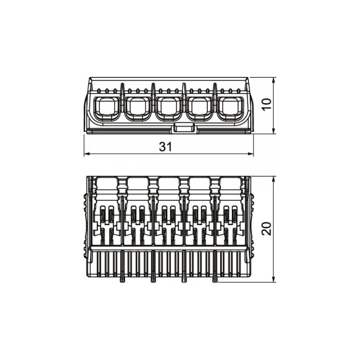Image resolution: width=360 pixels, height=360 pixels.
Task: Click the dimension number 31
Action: pyautogui.click(x=165, y=147)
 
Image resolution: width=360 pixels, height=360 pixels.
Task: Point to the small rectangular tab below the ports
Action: pyautogui.click(x=184, y=128)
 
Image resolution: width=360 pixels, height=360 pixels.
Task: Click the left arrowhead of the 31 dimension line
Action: pyautogui.click(x=86, y=154)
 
